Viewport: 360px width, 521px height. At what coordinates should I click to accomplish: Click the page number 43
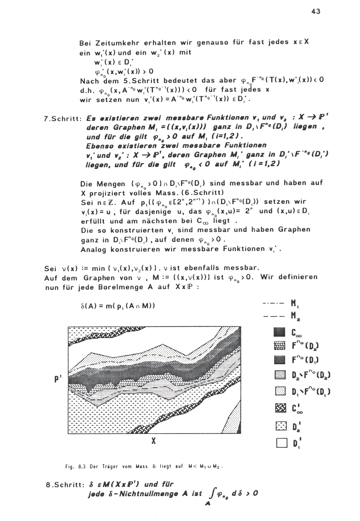tap(316, 11)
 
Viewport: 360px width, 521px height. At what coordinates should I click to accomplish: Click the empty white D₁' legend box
tap(280, 444)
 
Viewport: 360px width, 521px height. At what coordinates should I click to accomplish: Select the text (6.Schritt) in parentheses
tap(205, 192)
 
